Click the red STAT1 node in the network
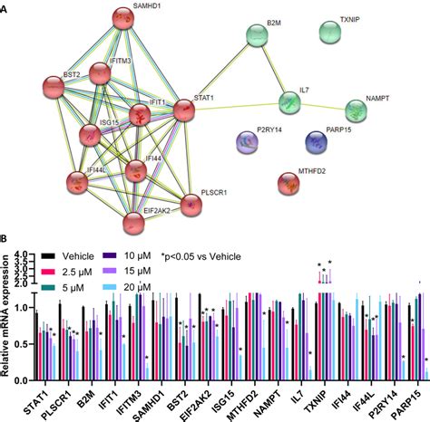(187, 110)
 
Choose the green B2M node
(261, 37)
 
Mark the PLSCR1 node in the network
(191, 204)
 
